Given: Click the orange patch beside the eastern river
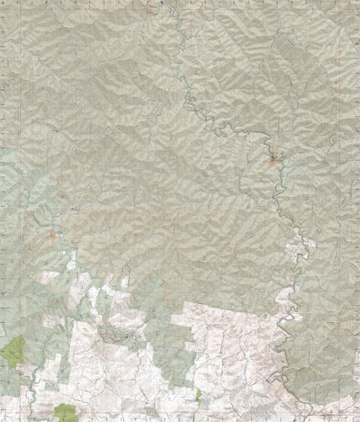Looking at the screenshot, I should (274, 163).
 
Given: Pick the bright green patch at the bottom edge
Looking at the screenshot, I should (65, 413).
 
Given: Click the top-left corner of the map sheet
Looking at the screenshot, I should (3, 3).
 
